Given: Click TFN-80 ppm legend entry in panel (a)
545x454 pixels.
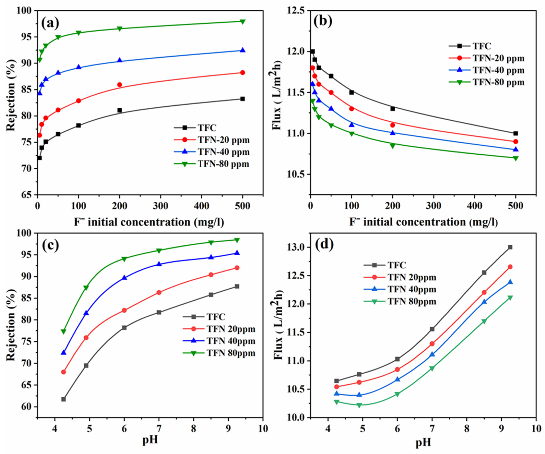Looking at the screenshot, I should click(223, 164).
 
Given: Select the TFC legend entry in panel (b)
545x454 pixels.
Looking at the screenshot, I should click(482, 46).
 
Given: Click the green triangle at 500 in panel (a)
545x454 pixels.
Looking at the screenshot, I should click(242, 22).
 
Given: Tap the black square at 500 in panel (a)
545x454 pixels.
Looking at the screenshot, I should click(242, 99).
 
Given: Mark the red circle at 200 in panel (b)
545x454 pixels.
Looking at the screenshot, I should click(392, 125).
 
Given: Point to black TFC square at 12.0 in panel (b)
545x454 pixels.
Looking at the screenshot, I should click(312, 51).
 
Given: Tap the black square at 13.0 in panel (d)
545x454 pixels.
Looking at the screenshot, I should click(510, 247).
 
